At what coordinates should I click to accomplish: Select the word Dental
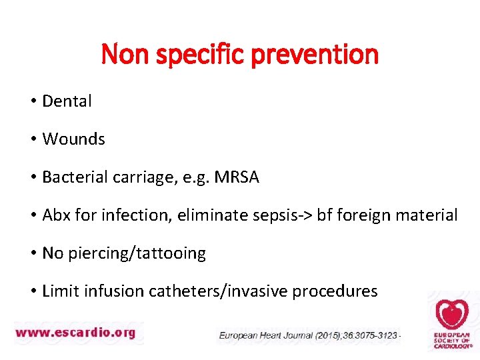[x=67, y=101]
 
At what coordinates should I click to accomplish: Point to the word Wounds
[x=73, y=139]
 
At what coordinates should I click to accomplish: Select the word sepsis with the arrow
[x=273, y=215]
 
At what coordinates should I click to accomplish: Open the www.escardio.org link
[x=75, y=331]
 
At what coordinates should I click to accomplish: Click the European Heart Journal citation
[x=309, y=335]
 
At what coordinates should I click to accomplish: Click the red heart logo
[x=452, y=314]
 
